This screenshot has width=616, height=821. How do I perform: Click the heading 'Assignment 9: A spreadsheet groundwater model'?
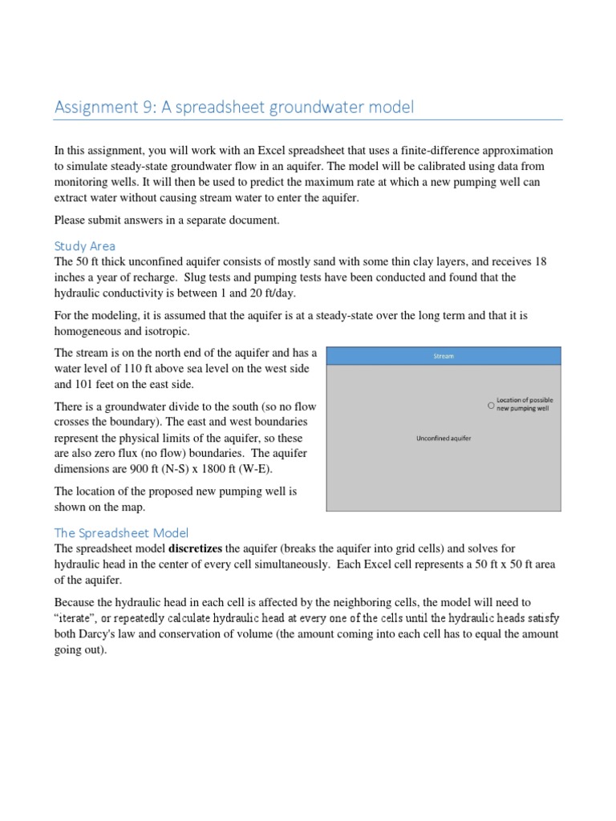(233, 107)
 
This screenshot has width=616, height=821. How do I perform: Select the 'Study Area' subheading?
(84, 245)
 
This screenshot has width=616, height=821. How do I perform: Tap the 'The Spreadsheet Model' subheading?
(120, 532)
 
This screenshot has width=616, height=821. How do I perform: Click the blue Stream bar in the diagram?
(444, 356)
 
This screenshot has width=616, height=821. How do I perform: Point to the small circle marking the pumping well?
(491, 406)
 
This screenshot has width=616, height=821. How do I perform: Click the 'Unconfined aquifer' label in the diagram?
(443, 439)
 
